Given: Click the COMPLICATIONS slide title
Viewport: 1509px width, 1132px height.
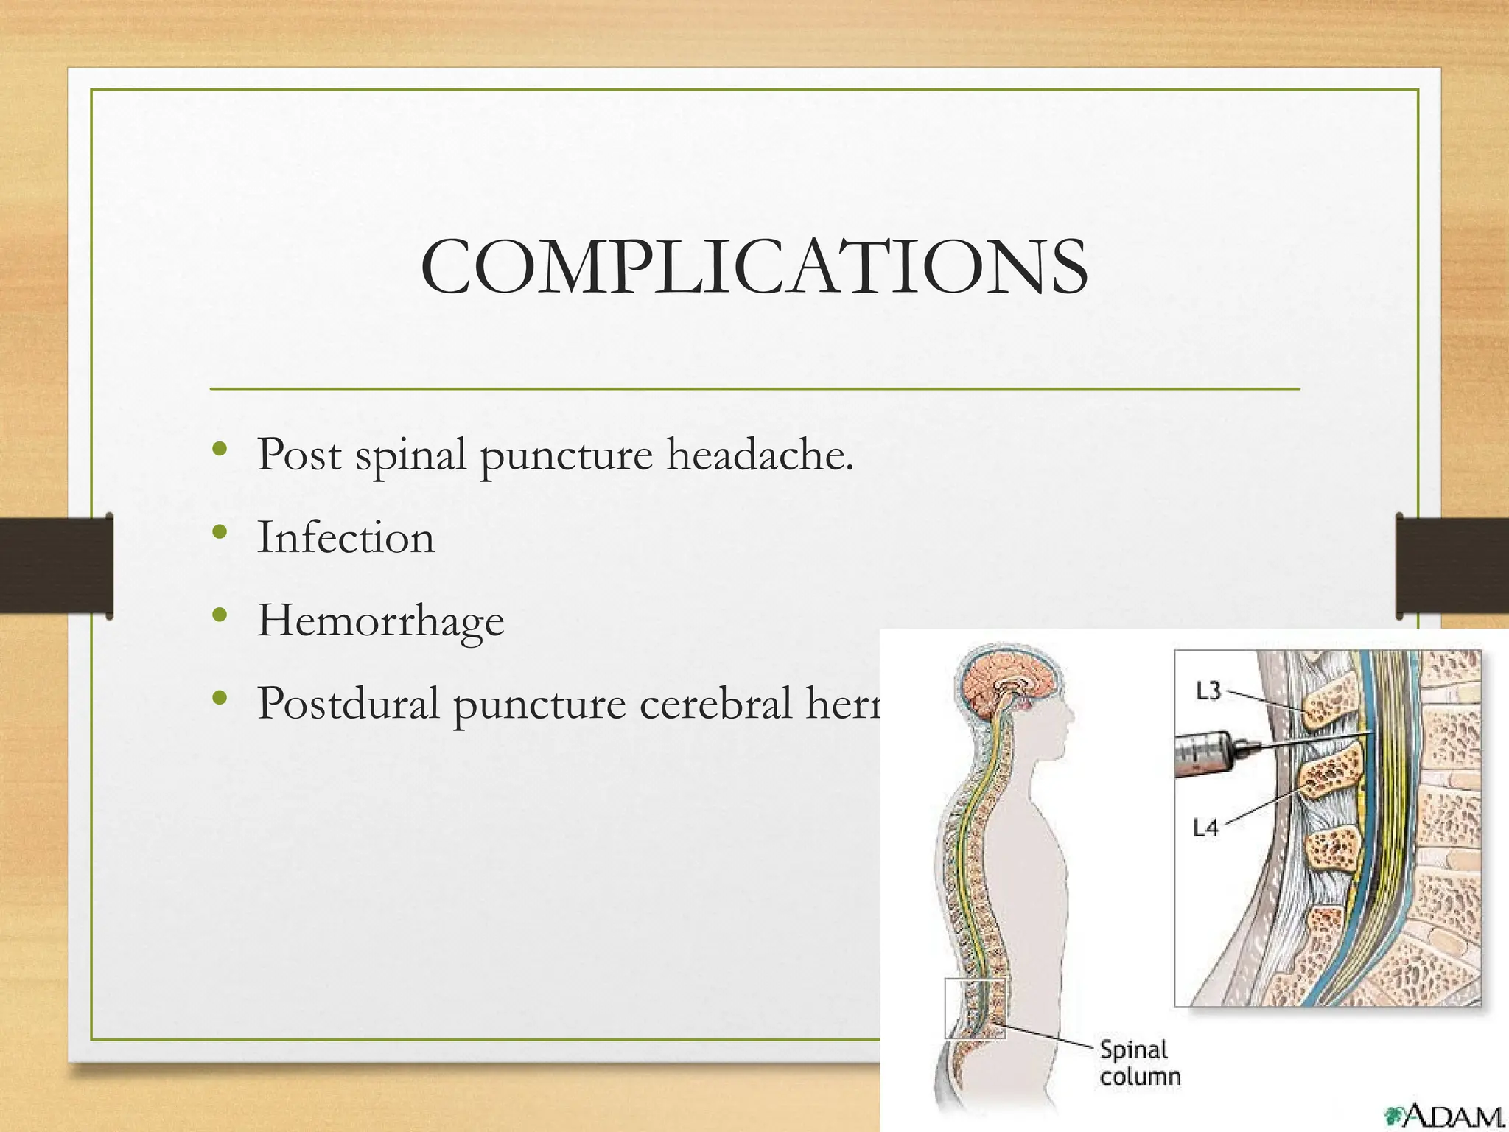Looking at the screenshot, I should tap(754, 267).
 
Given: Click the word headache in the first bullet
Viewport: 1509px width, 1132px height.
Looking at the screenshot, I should tap(760, 454).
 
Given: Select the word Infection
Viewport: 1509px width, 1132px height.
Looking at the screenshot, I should tap(346, 537).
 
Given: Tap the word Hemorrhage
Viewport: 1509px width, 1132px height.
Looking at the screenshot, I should tap(380, 621).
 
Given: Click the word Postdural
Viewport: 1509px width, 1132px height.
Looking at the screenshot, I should tap(348, 703).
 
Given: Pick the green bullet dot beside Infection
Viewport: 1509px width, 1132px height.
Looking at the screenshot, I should tap(219, 532).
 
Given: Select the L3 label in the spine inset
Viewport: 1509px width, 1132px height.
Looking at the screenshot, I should tap(1208, 691).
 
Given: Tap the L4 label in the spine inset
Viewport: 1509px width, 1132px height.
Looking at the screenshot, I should tap(1205, 828).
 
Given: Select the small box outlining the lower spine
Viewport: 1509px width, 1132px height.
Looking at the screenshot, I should tap(975, 1008).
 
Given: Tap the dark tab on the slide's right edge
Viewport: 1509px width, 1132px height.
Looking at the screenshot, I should tap(1452, 566).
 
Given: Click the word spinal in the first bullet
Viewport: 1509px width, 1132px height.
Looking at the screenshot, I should tap(410, 455).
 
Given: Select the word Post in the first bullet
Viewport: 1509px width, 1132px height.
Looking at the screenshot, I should tap(298, 454).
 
